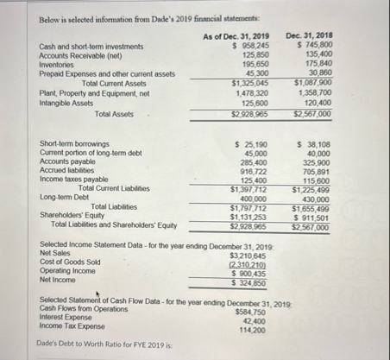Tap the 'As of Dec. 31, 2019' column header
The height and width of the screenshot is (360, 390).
(236, 36)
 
